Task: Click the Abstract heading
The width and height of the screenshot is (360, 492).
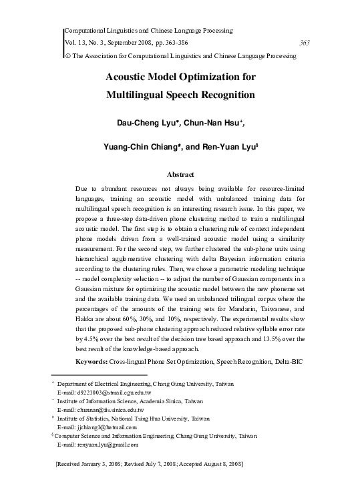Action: point(180,174)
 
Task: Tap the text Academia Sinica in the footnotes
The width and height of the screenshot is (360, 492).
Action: point(155,402)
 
